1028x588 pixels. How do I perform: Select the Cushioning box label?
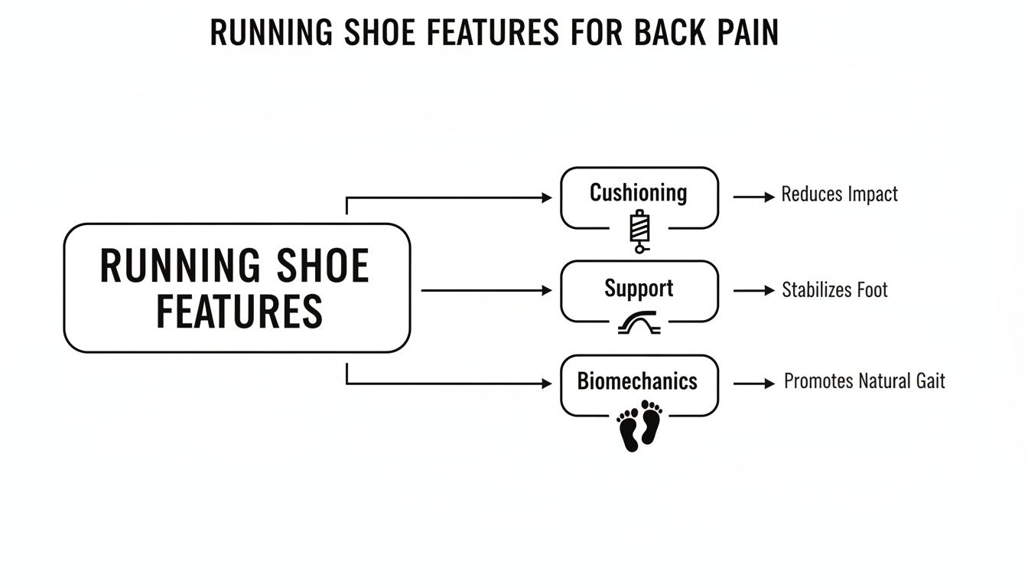[x=638, y=192]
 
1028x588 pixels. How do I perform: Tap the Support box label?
[x=639, y=289]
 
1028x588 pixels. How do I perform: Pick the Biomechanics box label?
[x=637, y=381]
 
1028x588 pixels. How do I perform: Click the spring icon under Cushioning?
[x=639, y=232]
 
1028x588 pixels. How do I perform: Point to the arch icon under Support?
[x=639, y=325]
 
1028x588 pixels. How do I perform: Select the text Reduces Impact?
[x=839, y=194]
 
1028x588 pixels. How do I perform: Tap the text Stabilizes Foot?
[x=834, y=290]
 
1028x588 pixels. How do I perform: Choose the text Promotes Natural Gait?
[x=864, y=381]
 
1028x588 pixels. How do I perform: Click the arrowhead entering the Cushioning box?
[x=547, y=198]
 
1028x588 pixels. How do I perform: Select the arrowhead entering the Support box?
[x=547, y=291]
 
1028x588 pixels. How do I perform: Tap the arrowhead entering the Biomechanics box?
[x=547, y=383]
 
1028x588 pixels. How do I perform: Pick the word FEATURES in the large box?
[x=239, y=311]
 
